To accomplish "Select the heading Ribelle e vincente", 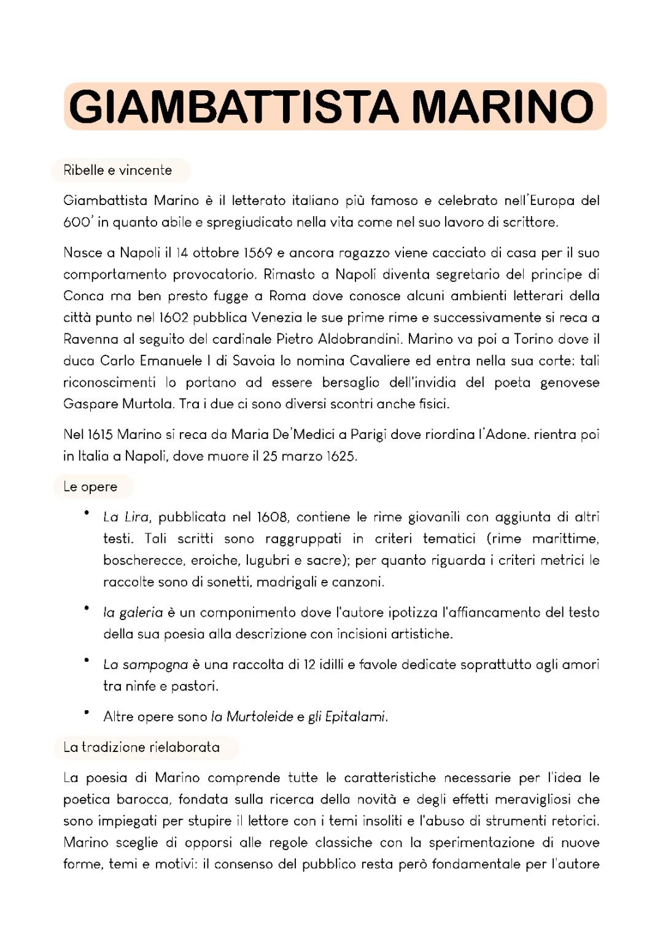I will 118,170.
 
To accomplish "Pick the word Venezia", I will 277,317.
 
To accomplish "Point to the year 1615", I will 100,435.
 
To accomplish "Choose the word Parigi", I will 368,435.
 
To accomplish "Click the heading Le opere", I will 90,487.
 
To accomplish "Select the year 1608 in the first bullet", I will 272,517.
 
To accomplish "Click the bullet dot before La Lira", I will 87,513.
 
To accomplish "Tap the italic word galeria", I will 141,612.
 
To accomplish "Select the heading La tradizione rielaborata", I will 142,747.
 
